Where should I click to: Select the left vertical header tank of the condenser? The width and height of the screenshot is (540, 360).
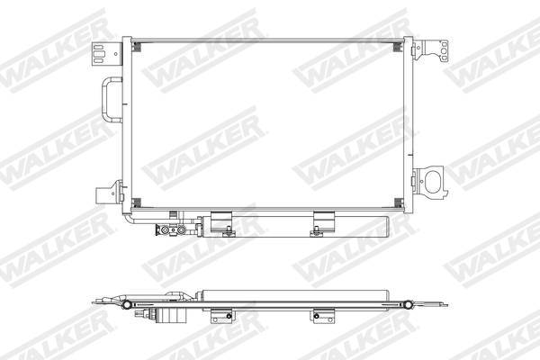click(127, 124)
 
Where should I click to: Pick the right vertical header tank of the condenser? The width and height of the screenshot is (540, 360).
click(409, 124)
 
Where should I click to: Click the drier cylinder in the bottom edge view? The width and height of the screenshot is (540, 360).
click(297, 293)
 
